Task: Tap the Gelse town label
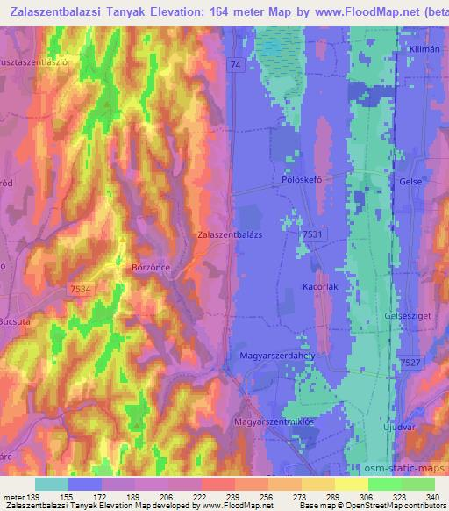pyautogui.click(x=410, y=181)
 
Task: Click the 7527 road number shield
pyautogui.click(x=410, y=363)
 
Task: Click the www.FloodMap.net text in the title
pyautogui.click(x=353, y=11)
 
